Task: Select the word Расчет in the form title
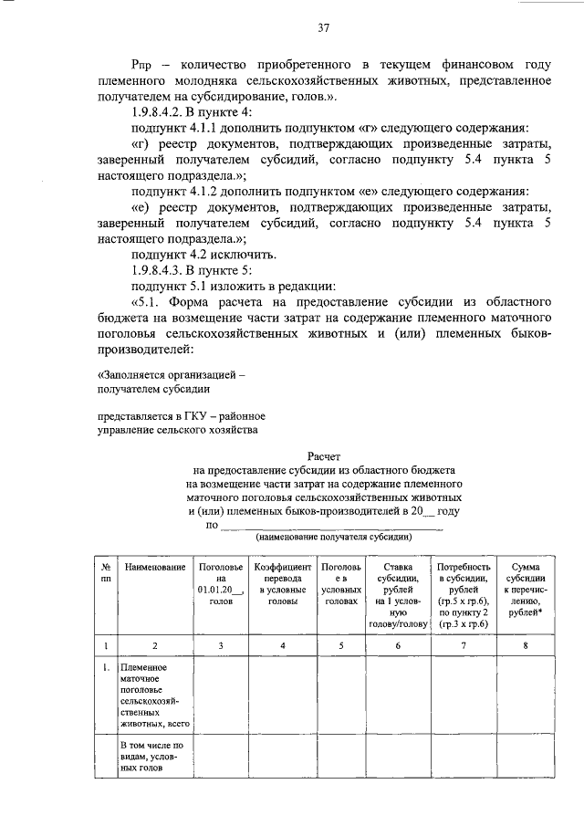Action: click(323, 454)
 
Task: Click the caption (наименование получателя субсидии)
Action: click(333, 538)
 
